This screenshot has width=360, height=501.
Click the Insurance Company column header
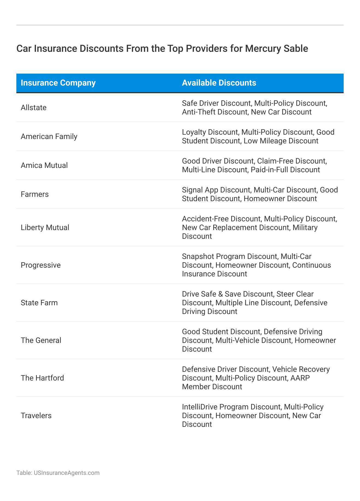(58, 83)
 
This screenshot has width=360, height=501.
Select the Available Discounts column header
(219, 83)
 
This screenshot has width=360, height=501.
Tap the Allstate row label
(34, 108)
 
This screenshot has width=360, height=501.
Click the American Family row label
(49, 136)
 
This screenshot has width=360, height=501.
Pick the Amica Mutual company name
(44, 165)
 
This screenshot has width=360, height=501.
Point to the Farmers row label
(35, 194)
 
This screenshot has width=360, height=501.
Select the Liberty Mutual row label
(45, 227)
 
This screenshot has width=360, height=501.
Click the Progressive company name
(41, 265)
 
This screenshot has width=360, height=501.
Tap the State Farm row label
(39, 303)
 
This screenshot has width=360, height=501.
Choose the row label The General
(41, 340)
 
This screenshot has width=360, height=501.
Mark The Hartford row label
(42, 378)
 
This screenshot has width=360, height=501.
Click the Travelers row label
(36, 416)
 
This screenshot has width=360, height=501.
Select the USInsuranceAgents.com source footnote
(58, 473)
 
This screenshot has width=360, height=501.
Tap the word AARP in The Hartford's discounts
(300, 378)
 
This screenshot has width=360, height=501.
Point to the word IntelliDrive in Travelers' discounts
(200, 407)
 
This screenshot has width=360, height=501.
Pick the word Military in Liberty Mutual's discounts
(305, 227)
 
